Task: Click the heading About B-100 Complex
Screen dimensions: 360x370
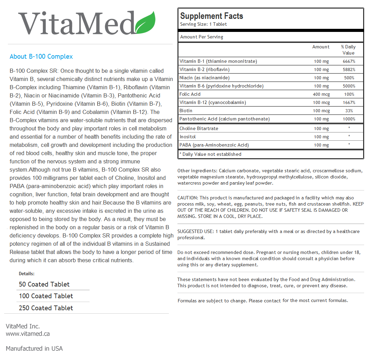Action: tap(41, 57)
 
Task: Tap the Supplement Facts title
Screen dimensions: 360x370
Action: tap(211, 16)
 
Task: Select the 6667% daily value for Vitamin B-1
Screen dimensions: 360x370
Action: tap(349, 61)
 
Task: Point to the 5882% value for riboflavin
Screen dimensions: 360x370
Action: tap(349, 70)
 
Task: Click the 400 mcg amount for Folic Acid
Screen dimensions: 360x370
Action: tap(321, 94)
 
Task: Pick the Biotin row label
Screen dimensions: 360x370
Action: tap(186, 111)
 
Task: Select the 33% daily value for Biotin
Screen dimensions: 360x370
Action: tap(349, 111)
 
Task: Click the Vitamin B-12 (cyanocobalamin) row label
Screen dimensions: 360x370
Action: tap(213, 103)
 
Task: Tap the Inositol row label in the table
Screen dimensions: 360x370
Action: tap(188, 137)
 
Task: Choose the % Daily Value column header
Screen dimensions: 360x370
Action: tap(348, 50)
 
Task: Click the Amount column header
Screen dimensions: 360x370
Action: tap(321, 47)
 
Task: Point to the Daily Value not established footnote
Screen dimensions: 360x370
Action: tap(210, 154)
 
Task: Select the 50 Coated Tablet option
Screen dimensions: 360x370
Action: tap(44, 284)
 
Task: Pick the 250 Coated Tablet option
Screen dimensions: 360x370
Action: tap(46, 308)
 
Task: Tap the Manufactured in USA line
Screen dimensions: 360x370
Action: tap(34, 349)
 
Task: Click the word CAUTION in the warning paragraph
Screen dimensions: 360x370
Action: tap(187, 198)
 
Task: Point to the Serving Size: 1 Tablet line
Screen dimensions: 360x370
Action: tap(204, 24)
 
